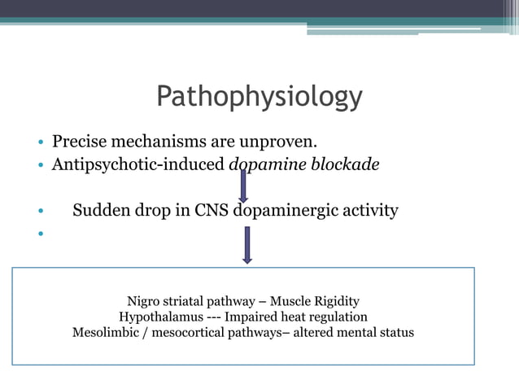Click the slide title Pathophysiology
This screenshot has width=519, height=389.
coord(259,96)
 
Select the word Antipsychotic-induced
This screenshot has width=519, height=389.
coord(138,164)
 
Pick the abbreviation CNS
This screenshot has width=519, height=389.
coord(213,211)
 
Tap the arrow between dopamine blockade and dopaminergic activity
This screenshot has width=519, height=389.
coord(242,185)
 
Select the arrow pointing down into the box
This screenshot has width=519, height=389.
coord(246,245)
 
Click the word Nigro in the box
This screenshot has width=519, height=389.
coord(145,301)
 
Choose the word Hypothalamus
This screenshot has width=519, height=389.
coord(159,317)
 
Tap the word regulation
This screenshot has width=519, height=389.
coord(339,317)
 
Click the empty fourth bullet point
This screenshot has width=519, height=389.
coord(39,236)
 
